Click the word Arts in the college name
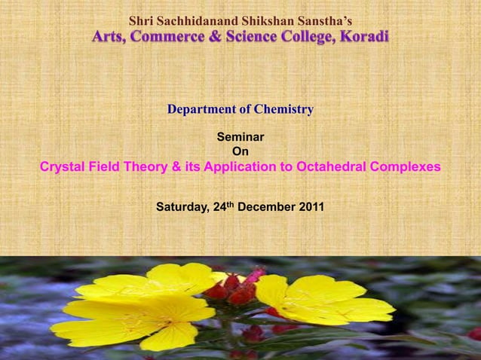(109, 37)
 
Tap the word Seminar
(240, 138)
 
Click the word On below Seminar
(240, 152)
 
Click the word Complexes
(404, 167)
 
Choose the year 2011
(311, 205)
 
